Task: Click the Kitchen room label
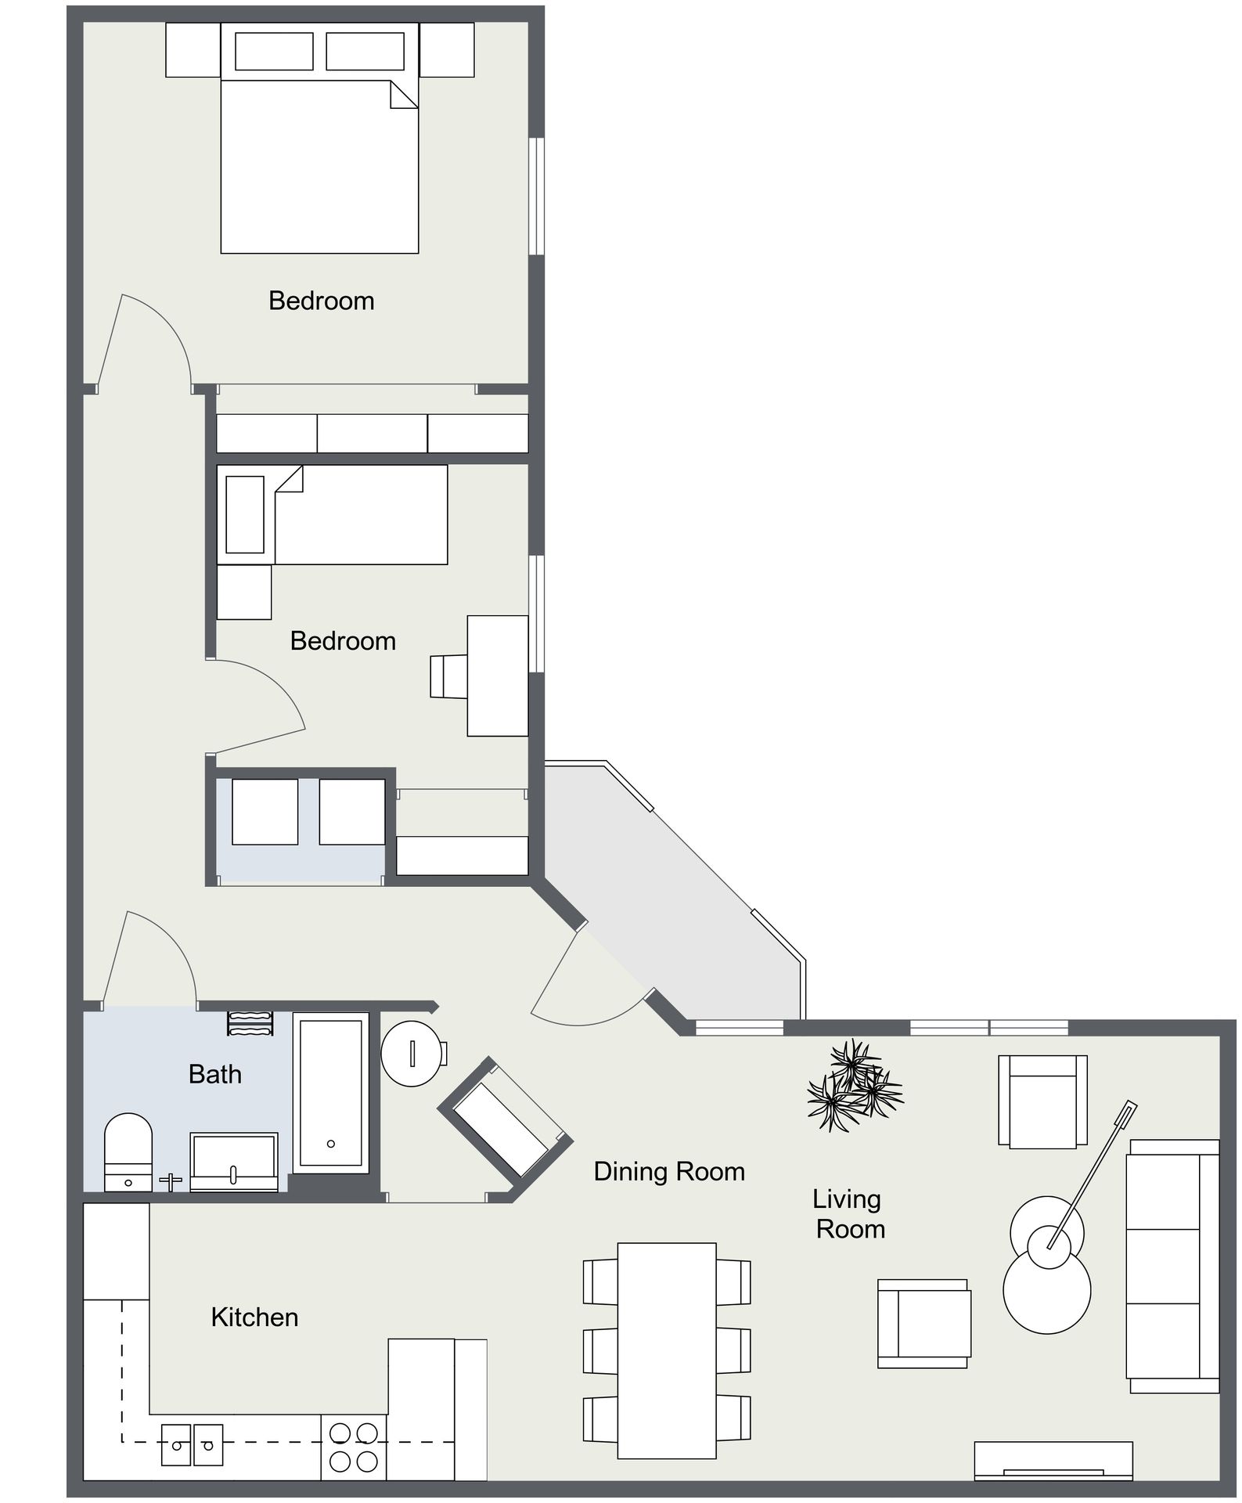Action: pos(254,1317)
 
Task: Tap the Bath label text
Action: pos(214,1074)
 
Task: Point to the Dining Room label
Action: pos(669,1171)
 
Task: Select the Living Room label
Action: pos(848,1213)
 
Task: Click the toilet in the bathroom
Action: pos(128,1152)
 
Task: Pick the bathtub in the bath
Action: pos(331,1094)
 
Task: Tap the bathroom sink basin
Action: pos(234,1162)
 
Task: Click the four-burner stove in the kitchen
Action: pos(354,1447)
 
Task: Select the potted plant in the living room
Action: pos(855,1085)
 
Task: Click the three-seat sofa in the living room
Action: pos(1172,1266)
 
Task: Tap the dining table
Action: pos(667,1350)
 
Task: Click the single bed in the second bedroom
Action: pos(333,514)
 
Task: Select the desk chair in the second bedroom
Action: pos(448,676)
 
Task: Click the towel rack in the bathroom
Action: pos(250,1023)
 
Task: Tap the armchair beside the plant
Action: pos(1042,1101)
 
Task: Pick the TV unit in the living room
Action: pos(1053,1461)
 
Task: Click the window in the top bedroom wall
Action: pos(536,196)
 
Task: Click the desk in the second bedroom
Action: pos(498,676)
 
